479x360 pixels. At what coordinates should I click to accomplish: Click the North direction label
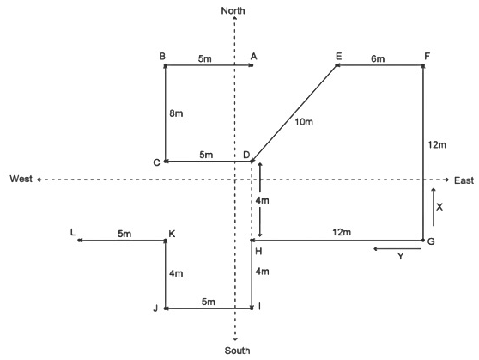tap(233, 10)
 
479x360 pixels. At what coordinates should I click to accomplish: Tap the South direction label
tap(238, 351)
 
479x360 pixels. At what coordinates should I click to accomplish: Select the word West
tap(21, 179)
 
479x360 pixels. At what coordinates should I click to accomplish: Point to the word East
tap(464, 180)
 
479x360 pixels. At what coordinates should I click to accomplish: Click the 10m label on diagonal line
tap(304, 122)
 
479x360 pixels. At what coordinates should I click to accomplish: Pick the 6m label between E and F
tap(378, 58)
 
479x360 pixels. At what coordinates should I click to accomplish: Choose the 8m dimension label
tap(176, 113)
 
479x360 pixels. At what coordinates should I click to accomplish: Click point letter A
tap(253, 57)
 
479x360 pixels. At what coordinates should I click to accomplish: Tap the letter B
tap(162, 57)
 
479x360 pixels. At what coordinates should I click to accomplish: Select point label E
tap(338, 57)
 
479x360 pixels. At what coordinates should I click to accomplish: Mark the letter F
tap(427, 57)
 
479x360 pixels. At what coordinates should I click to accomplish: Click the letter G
tap(431, 241)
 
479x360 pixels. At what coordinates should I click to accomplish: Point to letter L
tap(73, 232)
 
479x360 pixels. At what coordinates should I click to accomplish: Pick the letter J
tap(155, 308)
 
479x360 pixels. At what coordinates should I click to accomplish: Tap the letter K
tap(172, 234)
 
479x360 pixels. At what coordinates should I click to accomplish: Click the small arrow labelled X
tap(434, 207)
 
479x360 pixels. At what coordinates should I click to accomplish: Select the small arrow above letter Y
tap(397, 249)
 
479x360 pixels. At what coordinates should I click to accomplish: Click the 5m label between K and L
tap(124, 234)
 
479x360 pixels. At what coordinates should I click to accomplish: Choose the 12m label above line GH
tap(342, 232)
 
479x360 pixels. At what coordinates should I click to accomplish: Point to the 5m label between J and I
tap(209, 302)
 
